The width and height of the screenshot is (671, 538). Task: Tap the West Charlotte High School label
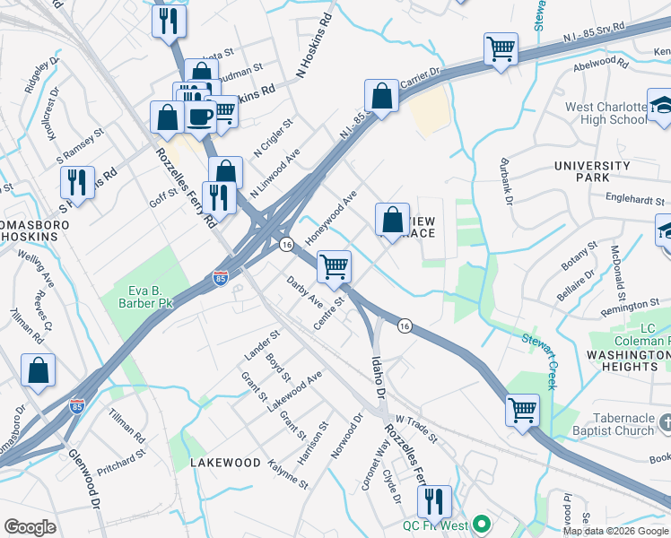(606, 113)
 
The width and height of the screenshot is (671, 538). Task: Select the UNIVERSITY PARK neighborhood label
(592, 172)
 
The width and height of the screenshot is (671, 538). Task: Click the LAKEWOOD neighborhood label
(225, 463)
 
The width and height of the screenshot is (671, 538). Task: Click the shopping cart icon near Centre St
(334, 265)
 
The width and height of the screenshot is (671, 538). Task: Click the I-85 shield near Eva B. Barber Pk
(220, 280)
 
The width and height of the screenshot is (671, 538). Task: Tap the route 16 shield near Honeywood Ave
(286, 245)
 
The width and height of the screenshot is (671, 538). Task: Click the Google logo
(30, 527)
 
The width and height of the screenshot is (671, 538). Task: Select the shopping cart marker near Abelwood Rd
(501, 48)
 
